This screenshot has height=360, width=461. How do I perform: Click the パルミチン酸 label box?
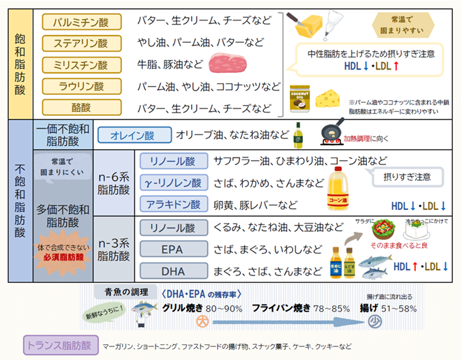[81, 22]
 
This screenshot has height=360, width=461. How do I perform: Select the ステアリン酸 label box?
[81, 44]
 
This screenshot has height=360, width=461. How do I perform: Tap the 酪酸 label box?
[81, 108]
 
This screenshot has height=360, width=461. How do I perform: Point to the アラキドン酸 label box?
[171, 205]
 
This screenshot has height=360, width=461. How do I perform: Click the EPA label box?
[171, 250]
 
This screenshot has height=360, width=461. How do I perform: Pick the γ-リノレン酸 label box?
[171, 183]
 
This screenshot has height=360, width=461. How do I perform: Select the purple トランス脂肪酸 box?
[61, 345]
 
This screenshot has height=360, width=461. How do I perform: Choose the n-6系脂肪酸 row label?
[113, 183]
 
